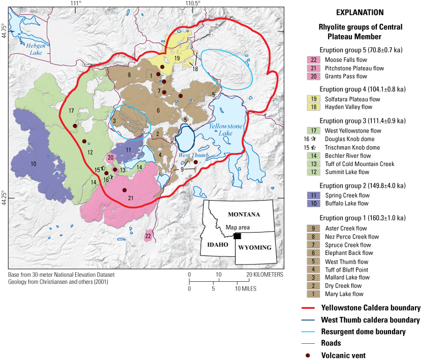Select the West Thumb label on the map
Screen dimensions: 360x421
point(189,155)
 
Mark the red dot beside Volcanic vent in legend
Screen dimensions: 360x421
point(311,355)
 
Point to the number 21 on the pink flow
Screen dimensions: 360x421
point(130,198)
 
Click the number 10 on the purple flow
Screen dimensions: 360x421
point(33,163)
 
